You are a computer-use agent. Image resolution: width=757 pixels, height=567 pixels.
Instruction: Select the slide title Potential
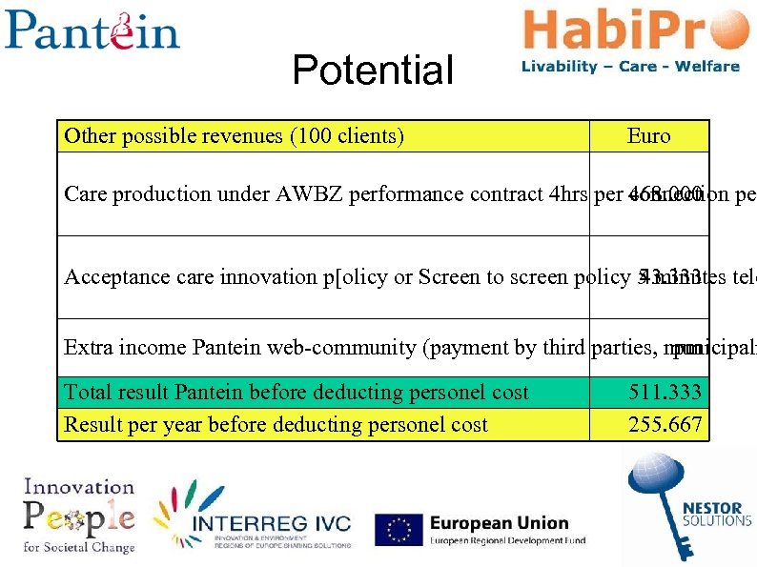[x=373, y=71]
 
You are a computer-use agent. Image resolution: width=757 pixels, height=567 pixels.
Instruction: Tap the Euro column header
[x=648, y=136]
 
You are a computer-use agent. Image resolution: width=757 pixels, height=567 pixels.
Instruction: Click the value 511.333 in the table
[x=665, y=392]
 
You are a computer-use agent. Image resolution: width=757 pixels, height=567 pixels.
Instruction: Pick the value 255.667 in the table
[x=665, y=424]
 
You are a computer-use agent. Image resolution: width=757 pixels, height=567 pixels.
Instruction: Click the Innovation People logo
[x=79, y=515]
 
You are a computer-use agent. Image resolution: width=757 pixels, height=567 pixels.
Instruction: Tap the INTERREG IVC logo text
[x=272, y=524]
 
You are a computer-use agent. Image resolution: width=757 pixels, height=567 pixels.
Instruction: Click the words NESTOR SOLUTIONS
[x=718, y=515]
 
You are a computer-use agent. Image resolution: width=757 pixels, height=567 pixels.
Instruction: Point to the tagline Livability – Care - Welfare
[x=630, y=67]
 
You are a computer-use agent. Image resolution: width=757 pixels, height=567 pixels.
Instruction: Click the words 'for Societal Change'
[x=79, y=547]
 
